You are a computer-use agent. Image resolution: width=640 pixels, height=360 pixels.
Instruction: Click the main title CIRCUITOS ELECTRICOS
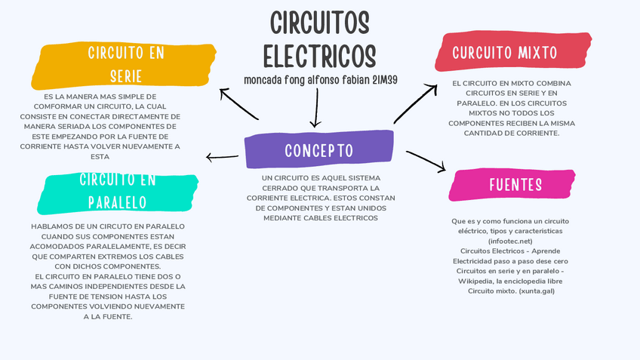click(319, 39)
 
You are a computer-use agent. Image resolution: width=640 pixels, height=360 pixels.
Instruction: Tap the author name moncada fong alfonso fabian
click(302, 79)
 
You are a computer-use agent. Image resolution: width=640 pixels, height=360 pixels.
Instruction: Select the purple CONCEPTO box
click(319, 150)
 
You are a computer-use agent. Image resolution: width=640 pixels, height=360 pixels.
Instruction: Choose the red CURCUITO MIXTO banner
click(504, 52)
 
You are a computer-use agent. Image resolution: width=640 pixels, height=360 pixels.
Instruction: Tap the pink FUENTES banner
click(515, 185)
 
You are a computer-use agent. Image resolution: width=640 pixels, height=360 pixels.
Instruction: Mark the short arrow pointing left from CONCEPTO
click(223, 157)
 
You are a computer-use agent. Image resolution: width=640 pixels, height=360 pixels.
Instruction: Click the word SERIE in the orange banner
click(125, 76)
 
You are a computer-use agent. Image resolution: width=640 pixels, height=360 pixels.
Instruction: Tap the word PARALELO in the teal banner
click(117, 202)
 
